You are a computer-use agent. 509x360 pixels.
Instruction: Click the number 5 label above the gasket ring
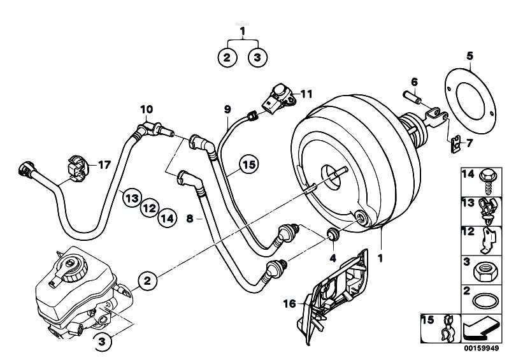click(x=470, y=55)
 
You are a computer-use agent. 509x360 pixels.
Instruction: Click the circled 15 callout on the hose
click(x=248, y=164)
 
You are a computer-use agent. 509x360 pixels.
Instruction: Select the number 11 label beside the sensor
click(x=307, y=94)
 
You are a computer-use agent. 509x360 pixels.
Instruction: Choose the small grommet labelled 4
click(x=331, y=233)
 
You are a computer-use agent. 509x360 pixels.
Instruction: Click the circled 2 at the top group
click(x=226, y=57)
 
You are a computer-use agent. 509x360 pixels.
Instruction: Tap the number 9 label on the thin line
click(x=227, y=109)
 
